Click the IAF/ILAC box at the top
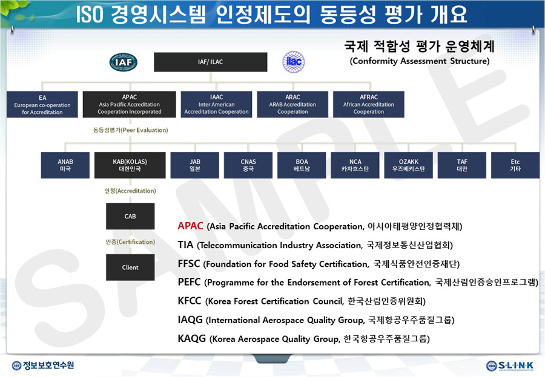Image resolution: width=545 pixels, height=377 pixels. pyautogui.click(x=211, y=62)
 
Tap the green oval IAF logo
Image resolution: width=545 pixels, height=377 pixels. pyautogui.click(x=124, y=62)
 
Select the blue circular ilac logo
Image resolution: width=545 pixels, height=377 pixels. pyautogui.click(x=294, y=62)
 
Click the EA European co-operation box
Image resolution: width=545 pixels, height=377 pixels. pyautogui.click(x=42, y=105)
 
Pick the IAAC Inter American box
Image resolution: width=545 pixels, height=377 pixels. pyautogui.click(x=217, y=105)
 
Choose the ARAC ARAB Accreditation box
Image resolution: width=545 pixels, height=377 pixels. pyautogui.click(x=292, y=105)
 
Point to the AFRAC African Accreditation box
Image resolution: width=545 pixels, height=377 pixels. pyautogui.click(x=369, y=105)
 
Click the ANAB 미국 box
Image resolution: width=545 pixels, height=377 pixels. pyautogui.click(x=65, y=165)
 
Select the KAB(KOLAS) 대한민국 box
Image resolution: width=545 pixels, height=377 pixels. pyautogui.click(x=130, y=165)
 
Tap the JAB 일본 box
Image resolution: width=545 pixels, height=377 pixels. pyautogui.click(x=195, y=165)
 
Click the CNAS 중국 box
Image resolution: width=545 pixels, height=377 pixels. pyautogui.click(x=248, y=165)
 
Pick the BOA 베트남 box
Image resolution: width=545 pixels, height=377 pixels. pyautogui.click(x=302, y=165)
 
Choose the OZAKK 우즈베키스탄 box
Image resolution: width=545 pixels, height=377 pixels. pyautogui.click(x=409, y=165)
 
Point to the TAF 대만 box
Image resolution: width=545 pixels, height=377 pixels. pyautogui.click(x=462, y=165)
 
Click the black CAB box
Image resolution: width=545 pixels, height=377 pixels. pyautogui.click(x=130, y=216)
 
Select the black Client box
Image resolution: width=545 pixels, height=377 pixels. pyautogui.click(x=130, y=267)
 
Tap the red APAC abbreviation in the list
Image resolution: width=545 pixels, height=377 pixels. pyautogui.click(x=190, y=226)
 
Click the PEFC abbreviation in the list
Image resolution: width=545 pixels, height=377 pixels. pyautogui.click(x=189, y=282)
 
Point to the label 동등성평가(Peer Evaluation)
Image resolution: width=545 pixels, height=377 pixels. pyautogui.click(x=130, y=130)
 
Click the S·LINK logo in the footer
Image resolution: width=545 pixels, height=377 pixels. pyautogui.click(x=510, y=366)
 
